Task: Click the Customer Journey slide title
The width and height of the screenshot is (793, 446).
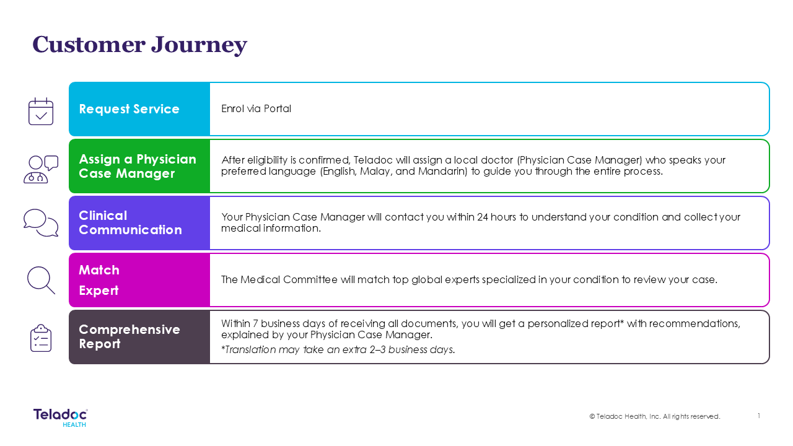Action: coord(139,45)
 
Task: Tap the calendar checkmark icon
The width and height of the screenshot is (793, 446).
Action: coord(41,111)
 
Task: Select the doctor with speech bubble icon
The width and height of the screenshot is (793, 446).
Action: coord(41,169)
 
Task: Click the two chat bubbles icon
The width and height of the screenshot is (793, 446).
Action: coord(41,222)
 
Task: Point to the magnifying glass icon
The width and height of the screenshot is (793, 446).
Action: coord(41,280)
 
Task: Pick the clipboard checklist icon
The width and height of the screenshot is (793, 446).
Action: coord(41,338)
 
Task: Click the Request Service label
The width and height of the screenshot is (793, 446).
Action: coord(129,109)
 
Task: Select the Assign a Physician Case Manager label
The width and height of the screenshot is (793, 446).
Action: coord(138,166)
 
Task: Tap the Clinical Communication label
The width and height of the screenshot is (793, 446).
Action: coord(130,222)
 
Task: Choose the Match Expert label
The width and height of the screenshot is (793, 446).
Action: coord(99,280)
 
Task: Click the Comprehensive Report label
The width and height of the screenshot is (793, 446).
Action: coord(129,336)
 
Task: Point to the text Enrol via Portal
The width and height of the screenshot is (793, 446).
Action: coord(256,108)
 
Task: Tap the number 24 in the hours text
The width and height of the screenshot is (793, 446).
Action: coord(483,217)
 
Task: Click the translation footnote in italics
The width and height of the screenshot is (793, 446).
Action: coord(338,350)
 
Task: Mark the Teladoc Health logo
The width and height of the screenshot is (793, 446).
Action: coord(61,418)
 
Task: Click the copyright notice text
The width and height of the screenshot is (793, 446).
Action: coord(655,416)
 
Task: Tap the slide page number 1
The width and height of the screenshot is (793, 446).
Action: coord(759,416)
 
